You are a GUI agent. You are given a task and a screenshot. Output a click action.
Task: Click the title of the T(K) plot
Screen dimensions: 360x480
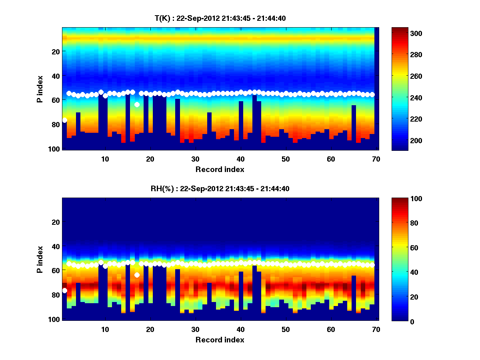click(x=220, y=18)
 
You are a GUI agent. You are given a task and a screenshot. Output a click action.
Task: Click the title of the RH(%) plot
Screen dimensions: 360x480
click(x=220, y=188)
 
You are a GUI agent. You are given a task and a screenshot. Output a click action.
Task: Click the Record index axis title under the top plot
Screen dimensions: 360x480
click(x=220, y=169)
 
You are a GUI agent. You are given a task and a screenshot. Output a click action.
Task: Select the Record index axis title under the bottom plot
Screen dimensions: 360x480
click(x=220, y=340)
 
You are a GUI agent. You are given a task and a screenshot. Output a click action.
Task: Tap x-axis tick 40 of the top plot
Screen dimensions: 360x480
click(x=240, y=159)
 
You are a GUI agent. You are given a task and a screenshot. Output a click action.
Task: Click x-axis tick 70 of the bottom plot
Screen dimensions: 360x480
click(x=376, y=329)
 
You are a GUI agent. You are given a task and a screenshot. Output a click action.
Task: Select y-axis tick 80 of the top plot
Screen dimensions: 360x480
click(x=55, y=124)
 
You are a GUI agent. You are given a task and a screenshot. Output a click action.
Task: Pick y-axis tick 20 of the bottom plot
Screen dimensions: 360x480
click(x=55, y=222)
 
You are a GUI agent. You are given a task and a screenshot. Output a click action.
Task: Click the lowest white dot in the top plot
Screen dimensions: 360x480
click(x=65, y=120)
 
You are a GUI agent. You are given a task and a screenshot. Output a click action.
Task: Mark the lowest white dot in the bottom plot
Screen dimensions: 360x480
click(x=65, y=290)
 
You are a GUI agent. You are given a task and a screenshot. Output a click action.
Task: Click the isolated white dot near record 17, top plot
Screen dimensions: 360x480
click(x=137, y=104)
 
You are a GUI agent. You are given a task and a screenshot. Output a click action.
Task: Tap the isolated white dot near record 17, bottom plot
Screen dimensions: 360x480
click(x=137, y=275)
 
